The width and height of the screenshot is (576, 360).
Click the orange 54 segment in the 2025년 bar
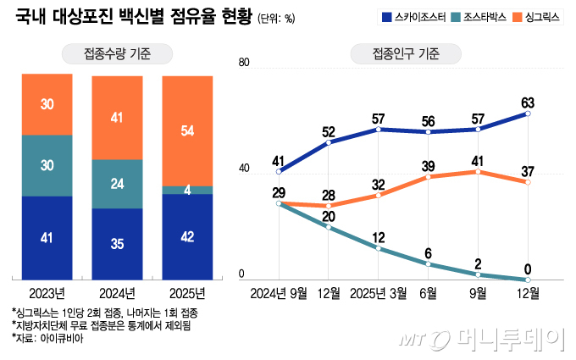pos(187,130)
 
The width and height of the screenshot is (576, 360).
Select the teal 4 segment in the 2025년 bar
pos(187,190)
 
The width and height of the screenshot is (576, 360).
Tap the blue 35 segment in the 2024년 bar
pos(117,244)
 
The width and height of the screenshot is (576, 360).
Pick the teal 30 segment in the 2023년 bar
pos(47,165)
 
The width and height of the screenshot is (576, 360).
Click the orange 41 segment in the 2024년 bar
pos(117,119)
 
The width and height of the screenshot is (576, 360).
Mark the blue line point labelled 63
pos(527,114)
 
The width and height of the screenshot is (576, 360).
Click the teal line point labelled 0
pos(527,279)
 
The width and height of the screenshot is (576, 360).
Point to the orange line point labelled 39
pos(429,176)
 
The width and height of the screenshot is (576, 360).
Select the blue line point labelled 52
pos(329,142)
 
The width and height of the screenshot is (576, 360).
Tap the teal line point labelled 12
pos(379,248)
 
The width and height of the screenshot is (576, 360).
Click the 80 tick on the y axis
pos(244,64)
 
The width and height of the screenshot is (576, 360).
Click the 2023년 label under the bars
pos(47,293)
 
